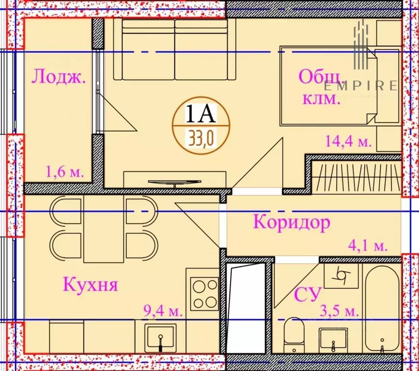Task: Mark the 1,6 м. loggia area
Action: coord(65,171)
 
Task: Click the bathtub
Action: coord(382,309)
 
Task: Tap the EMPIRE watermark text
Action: coord(361,86)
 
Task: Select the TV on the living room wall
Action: coord(174,182)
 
